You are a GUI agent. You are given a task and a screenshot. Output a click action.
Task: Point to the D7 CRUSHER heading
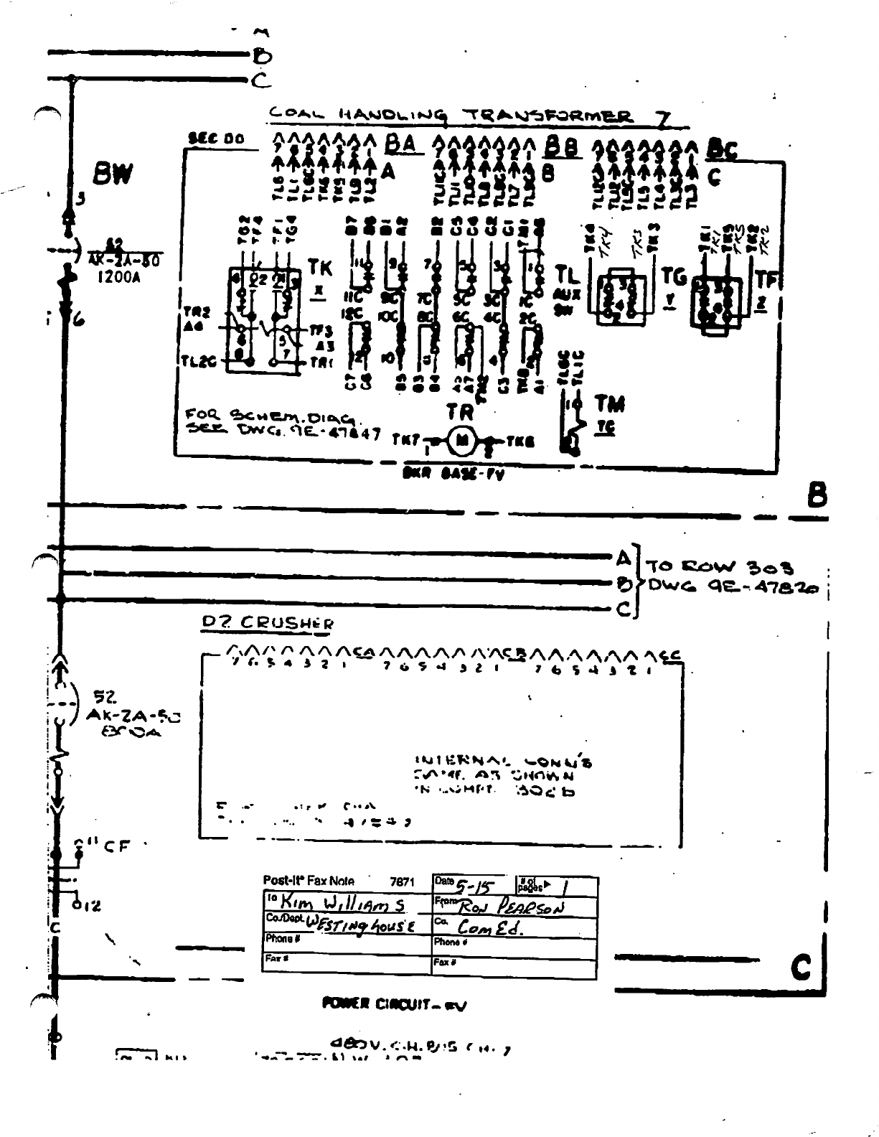pyautogui.click(x=268, y=623)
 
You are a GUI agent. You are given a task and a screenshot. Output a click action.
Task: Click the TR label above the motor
pyautogui.click(x=461, y=413)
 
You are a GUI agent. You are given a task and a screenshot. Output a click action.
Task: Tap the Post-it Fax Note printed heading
pyautogui.click(x=309, y=881)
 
